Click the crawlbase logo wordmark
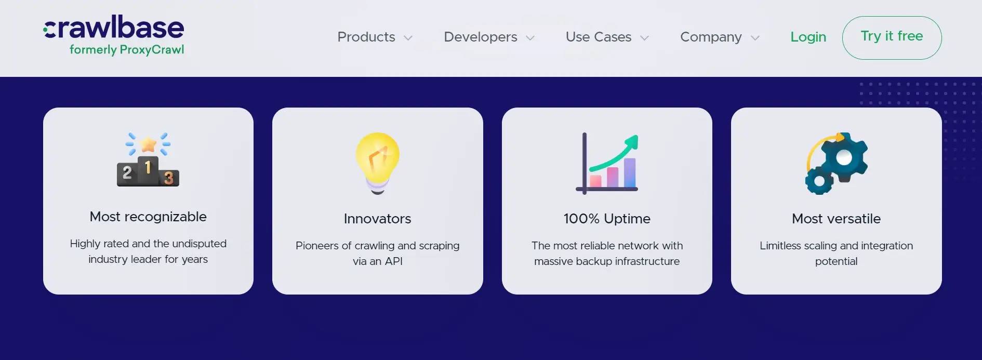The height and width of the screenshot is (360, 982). (x=114, y=28)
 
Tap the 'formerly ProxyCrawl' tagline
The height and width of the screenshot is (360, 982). (x=127, y=50)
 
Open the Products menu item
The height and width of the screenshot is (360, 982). (x=366, y=37)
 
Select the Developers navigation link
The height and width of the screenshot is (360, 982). (x=481, y=37)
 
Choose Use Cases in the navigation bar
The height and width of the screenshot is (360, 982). (x=599, y=37)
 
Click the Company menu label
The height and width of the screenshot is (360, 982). (x=711, y=37)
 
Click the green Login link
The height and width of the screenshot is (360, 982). (x=808, y=37)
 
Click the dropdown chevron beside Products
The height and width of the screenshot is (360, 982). (x=408, y=38)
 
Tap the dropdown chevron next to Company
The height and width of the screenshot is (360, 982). (x=755, y=38)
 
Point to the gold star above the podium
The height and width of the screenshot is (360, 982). (x=149, y=144)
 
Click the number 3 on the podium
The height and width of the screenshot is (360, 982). (x=169, y=178)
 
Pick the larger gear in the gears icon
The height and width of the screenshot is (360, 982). (x=843, y=157)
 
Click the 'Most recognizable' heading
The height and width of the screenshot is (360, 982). (x=148, y=217)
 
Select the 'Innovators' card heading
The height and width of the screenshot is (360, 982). (x=378, y=219)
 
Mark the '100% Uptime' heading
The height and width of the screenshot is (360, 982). (x=607, y=219)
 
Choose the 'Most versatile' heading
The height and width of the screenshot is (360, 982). (x=837, y=219)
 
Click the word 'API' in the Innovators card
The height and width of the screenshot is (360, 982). (x=394, y=261)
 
